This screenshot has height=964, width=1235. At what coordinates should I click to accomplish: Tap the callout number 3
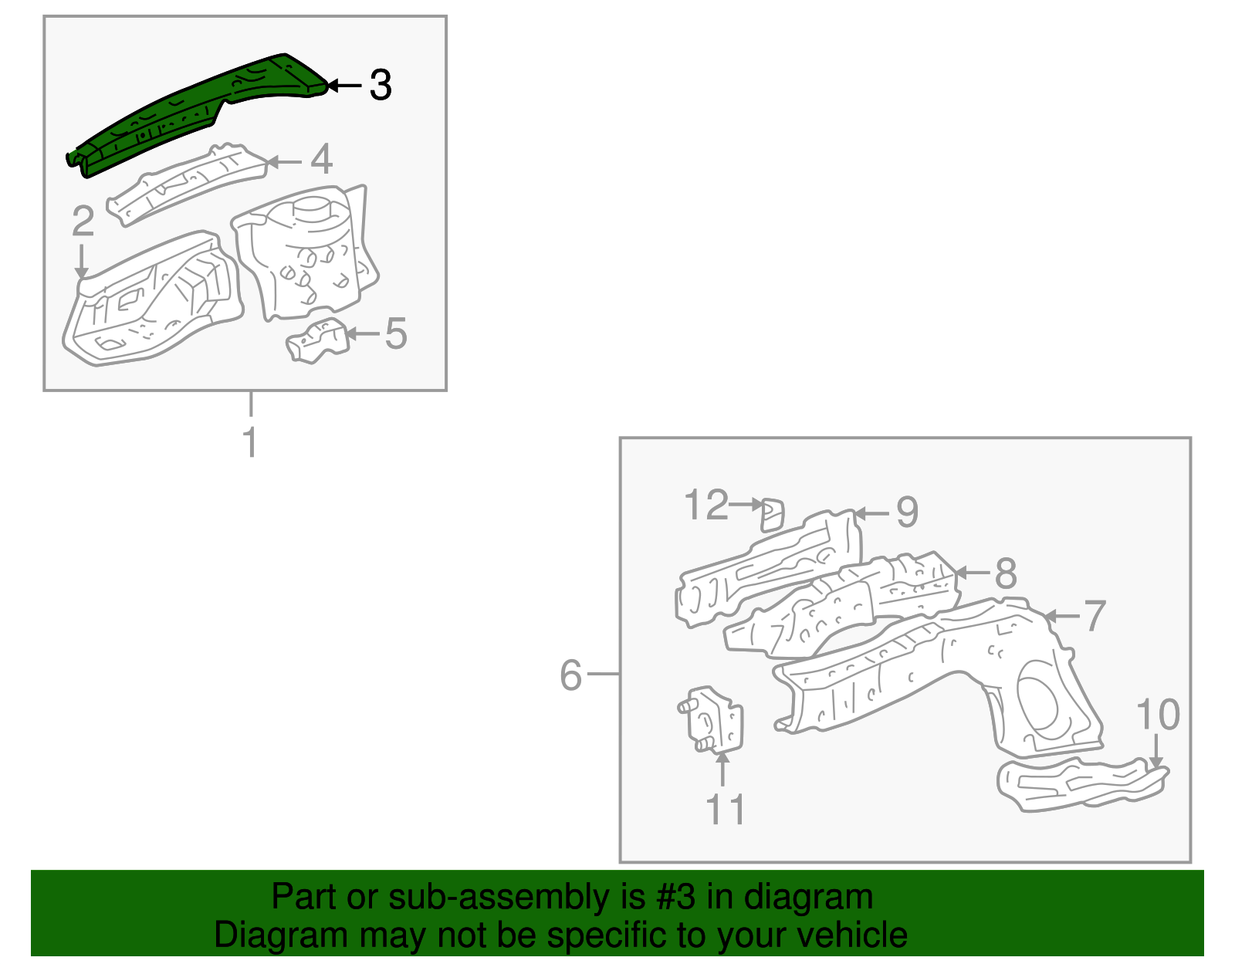click(x=381, y=85)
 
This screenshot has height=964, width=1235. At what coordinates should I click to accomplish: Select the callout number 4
click(x=321, y=160)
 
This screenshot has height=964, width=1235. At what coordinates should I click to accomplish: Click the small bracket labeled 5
click(x=316, y=342)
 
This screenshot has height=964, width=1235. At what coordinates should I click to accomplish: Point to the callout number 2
click(x=83, y=222)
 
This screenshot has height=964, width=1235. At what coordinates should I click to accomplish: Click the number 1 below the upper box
click(x=250, y=443)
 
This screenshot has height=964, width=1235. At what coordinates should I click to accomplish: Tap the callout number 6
click(x=570, y=675)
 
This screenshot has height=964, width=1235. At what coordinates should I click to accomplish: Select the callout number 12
click(x=706, y=506)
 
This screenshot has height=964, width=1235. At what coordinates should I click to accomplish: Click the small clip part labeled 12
click(x=772, y=514)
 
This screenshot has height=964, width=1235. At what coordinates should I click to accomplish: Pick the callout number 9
click(x=907, y=512)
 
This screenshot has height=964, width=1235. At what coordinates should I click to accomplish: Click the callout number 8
click(x=1006, y=573)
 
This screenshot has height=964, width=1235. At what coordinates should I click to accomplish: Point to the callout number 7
click(x=1095, y=616)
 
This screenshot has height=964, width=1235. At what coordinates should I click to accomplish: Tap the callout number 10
click(x=1158, y=714)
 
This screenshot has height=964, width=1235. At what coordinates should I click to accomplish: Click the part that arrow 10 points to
click(x=1081, y=783)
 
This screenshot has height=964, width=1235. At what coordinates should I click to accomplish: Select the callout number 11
click(x=725, y=810)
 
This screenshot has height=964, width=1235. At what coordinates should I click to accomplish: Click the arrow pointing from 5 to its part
click(x=363, y=333)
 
